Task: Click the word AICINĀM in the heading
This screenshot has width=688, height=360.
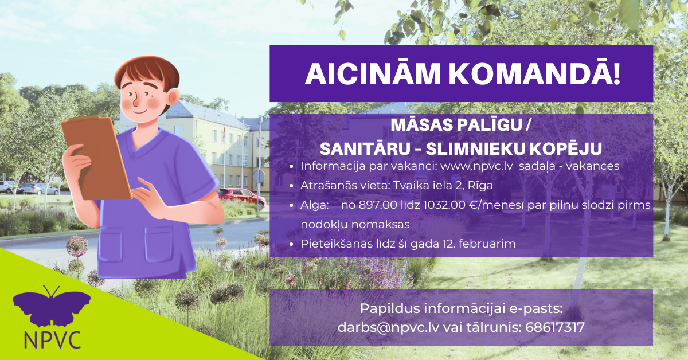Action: (x=373, y=74)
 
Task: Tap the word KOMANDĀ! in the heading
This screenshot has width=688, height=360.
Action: (x=535, y=74)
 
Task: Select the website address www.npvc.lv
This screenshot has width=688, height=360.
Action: (x=492, y=166)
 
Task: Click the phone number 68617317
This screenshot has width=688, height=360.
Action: (x=555, y=327)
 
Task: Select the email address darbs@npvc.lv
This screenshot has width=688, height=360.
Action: (x=388, y=327)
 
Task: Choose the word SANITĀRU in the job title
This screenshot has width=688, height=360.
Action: (x=365, y=149)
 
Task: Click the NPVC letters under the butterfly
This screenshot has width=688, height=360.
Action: (x=53, y=340)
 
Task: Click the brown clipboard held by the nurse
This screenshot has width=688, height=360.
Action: (x=96, y=158)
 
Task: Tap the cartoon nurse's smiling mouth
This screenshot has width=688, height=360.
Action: (x=140, y=111)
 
